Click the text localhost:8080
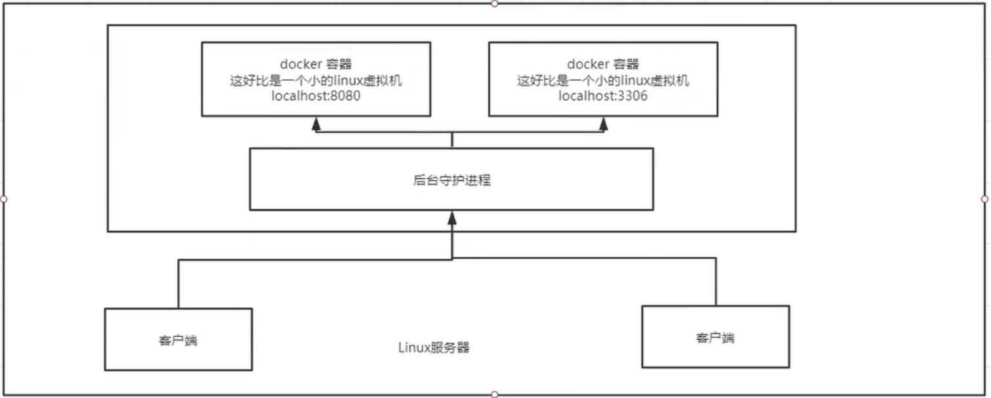(x=316, y=95)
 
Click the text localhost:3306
(x=603, y=95)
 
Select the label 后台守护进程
(x=451, y=180)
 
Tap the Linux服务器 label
(x=434, y=347)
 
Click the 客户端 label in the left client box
(x=178, y=340)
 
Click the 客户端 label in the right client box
(x=716, y=337)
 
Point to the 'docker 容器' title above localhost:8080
(x=316, y=64)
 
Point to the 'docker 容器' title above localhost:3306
(x=603, y=64)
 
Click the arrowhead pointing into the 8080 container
(x=316, y=124)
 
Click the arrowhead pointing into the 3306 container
(x=603, y=124)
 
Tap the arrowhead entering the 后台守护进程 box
(x=451, y=217)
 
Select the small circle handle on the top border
(x=495, y=3)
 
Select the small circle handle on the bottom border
(x=495, y=395)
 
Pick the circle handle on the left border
(x=3, y=199)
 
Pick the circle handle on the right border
(x=984, y=199)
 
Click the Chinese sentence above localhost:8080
(x=316, y=80)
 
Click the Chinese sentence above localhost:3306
(x=603, y=80)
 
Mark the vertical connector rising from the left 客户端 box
(x=178, y=284)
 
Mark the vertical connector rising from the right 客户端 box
(x=716, y=282)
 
